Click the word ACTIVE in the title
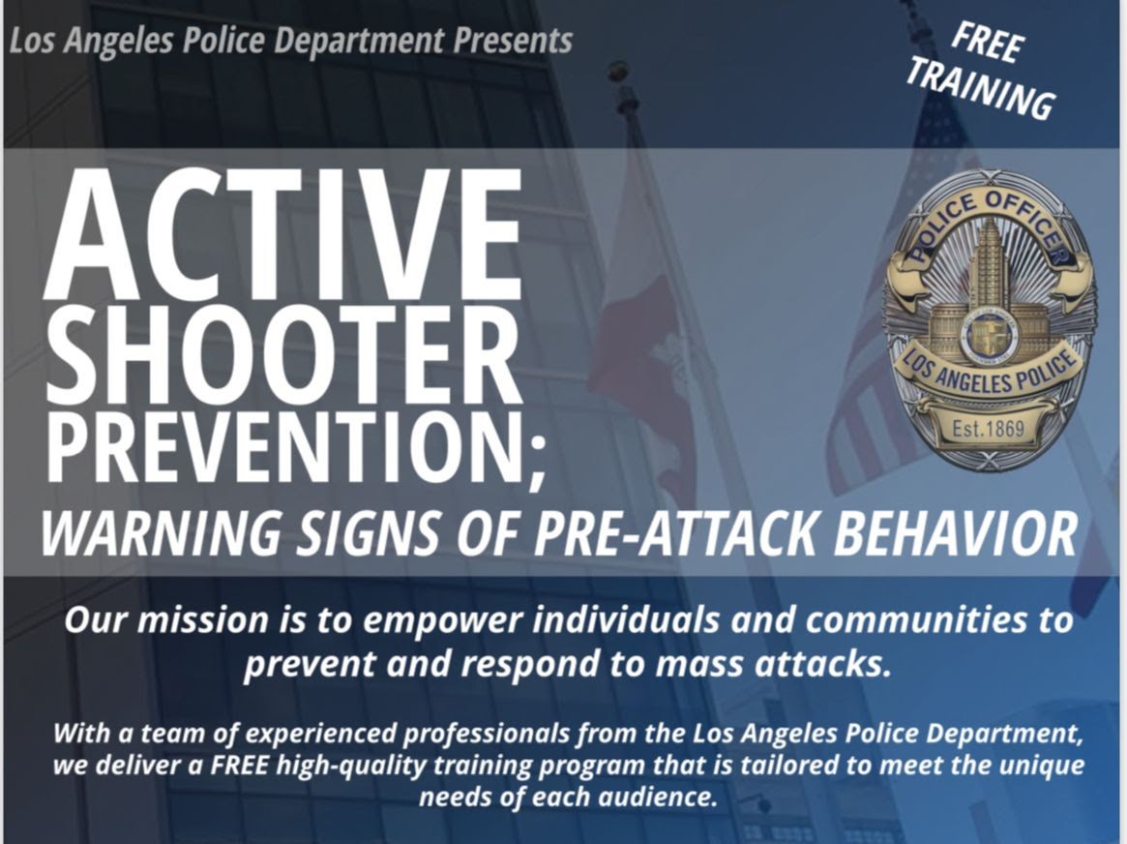pos(282,234)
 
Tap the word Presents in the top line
pos(513,41)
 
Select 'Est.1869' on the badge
pos(988,429)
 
